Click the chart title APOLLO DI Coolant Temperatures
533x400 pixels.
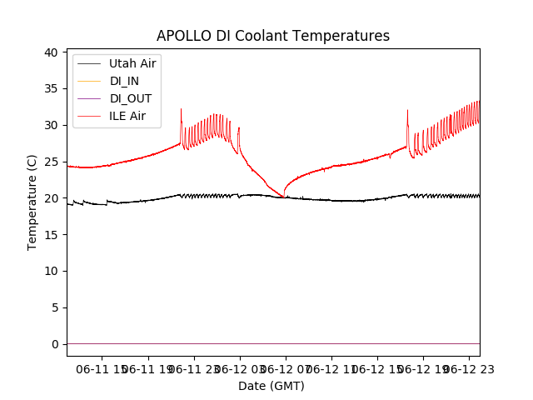click(273, 36)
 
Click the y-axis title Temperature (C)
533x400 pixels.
click(32, 202)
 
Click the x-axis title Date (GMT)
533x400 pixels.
click(271, 386)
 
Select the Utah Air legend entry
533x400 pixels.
click(132, 63)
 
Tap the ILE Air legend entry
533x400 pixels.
click(127, 116)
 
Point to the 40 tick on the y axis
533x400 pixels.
click(52, 52)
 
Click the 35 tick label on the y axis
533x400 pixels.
click(52, 88)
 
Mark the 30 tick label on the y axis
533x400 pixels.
click(52, 125)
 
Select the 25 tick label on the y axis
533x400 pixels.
click(52, 162)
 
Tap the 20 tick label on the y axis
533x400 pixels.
click(52, 198)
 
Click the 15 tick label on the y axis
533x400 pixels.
click(52, 234)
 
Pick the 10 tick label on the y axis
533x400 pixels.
click(52, 271)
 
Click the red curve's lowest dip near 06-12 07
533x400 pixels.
click(284, 197)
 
